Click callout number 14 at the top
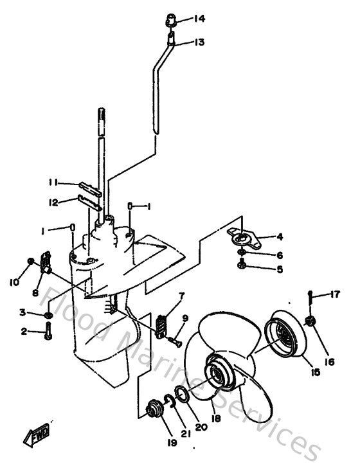click(199, 18)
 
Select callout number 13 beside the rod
click(199, 42)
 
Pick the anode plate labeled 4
click(244, 238)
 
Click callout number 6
click(279, 255)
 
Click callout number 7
click(182, 296)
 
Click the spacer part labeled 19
click(153, 408)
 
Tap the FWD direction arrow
click(34, 437)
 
